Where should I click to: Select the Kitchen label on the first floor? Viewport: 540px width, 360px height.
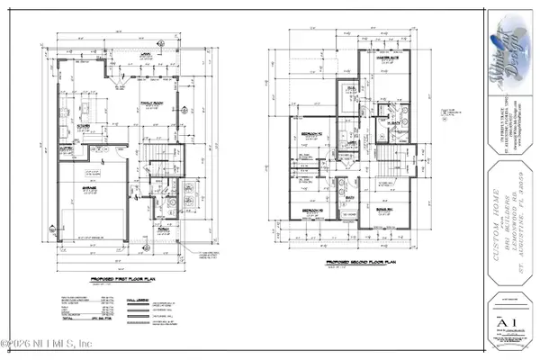(84, 126)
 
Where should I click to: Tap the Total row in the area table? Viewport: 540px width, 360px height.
(72, 318)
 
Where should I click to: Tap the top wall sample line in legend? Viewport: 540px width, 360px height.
(137, 300)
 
